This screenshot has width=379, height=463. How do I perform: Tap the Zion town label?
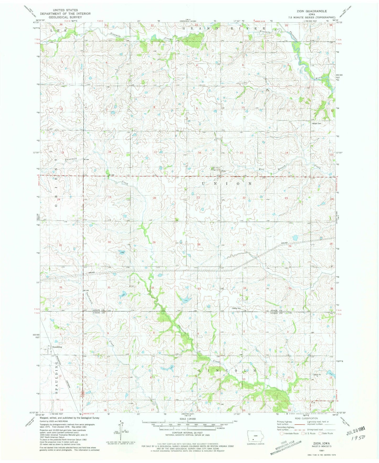(223, 171)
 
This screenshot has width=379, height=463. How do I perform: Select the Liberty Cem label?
(236, 308)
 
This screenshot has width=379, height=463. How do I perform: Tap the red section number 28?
(199, 244)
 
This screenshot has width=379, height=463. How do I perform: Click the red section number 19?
(110, 197)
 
